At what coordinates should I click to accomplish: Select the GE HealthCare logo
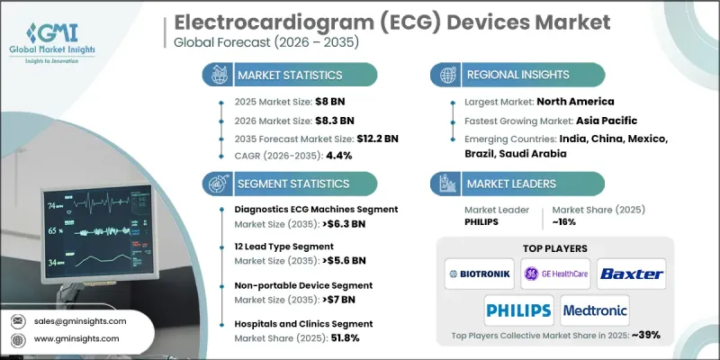click(x=553, y=273)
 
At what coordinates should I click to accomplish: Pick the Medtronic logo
click(x=595, y=310)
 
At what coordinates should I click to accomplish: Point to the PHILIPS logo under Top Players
click(x=518, y=310)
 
